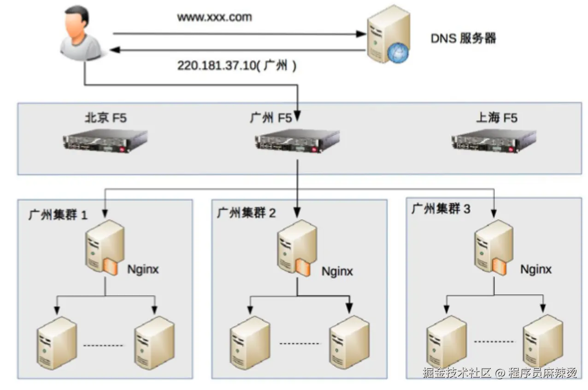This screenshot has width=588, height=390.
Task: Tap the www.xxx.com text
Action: click(215, 18)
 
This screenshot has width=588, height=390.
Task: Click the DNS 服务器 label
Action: click(463, 38)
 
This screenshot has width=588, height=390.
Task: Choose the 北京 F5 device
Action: click(106, 141)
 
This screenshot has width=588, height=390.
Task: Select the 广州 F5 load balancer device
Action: click(297, 141)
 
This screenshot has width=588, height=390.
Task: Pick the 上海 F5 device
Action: click(494, 141)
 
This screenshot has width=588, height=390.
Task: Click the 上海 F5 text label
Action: click(496, 118)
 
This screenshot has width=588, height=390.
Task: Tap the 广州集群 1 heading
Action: click(58, 215)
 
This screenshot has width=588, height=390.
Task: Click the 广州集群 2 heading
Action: click(247, 213)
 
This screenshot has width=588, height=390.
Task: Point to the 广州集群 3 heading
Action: click(441, 209)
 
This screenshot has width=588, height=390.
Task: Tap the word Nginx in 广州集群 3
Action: click(536, 270)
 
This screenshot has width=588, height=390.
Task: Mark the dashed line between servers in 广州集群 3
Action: click(494, 342)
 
